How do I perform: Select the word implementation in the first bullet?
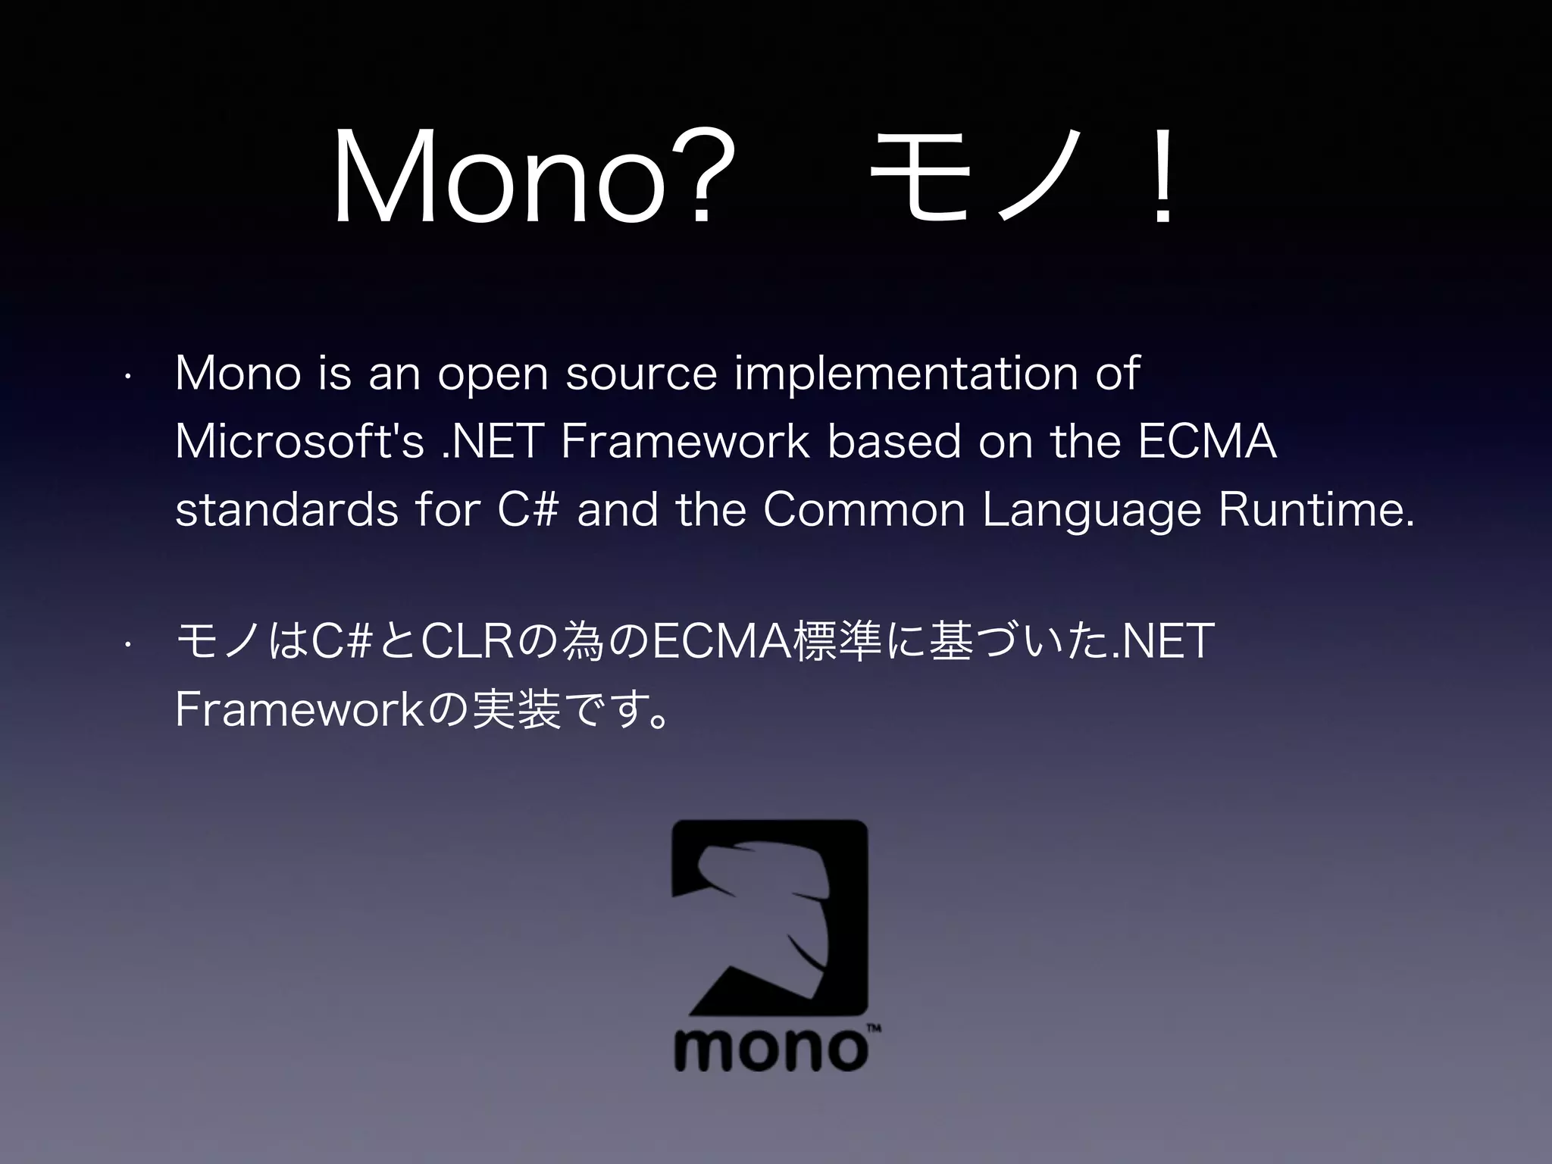(x=906, y=374)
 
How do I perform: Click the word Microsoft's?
(x=299, y=442)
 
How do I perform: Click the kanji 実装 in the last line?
(x=515, y=710)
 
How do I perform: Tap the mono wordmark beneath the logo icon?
(x=769, y=1049)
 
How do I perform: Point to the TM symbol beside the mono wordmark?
(x=873, y=1028)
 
